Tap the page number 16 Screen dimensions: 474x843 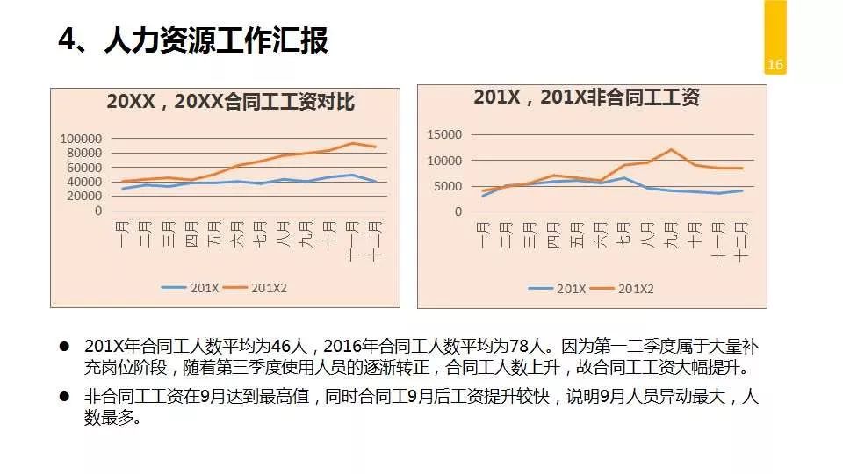[775, 65]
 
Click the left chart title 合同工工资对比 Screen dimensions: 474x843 [230, 102]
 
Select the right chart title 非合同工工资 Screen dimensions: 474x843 [586, 97]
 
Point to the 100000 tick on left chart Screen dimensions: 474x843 [81, 139]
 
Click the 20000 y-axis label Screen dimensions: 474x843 [84, 197]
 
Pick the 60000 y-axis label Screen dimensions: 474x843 [84, 168]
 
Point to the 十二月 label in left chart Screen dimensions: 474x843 [375, 241]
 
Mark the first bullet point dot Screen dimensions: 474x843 [64, 346]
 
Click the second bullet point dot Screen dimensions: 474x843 [64, 397]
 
